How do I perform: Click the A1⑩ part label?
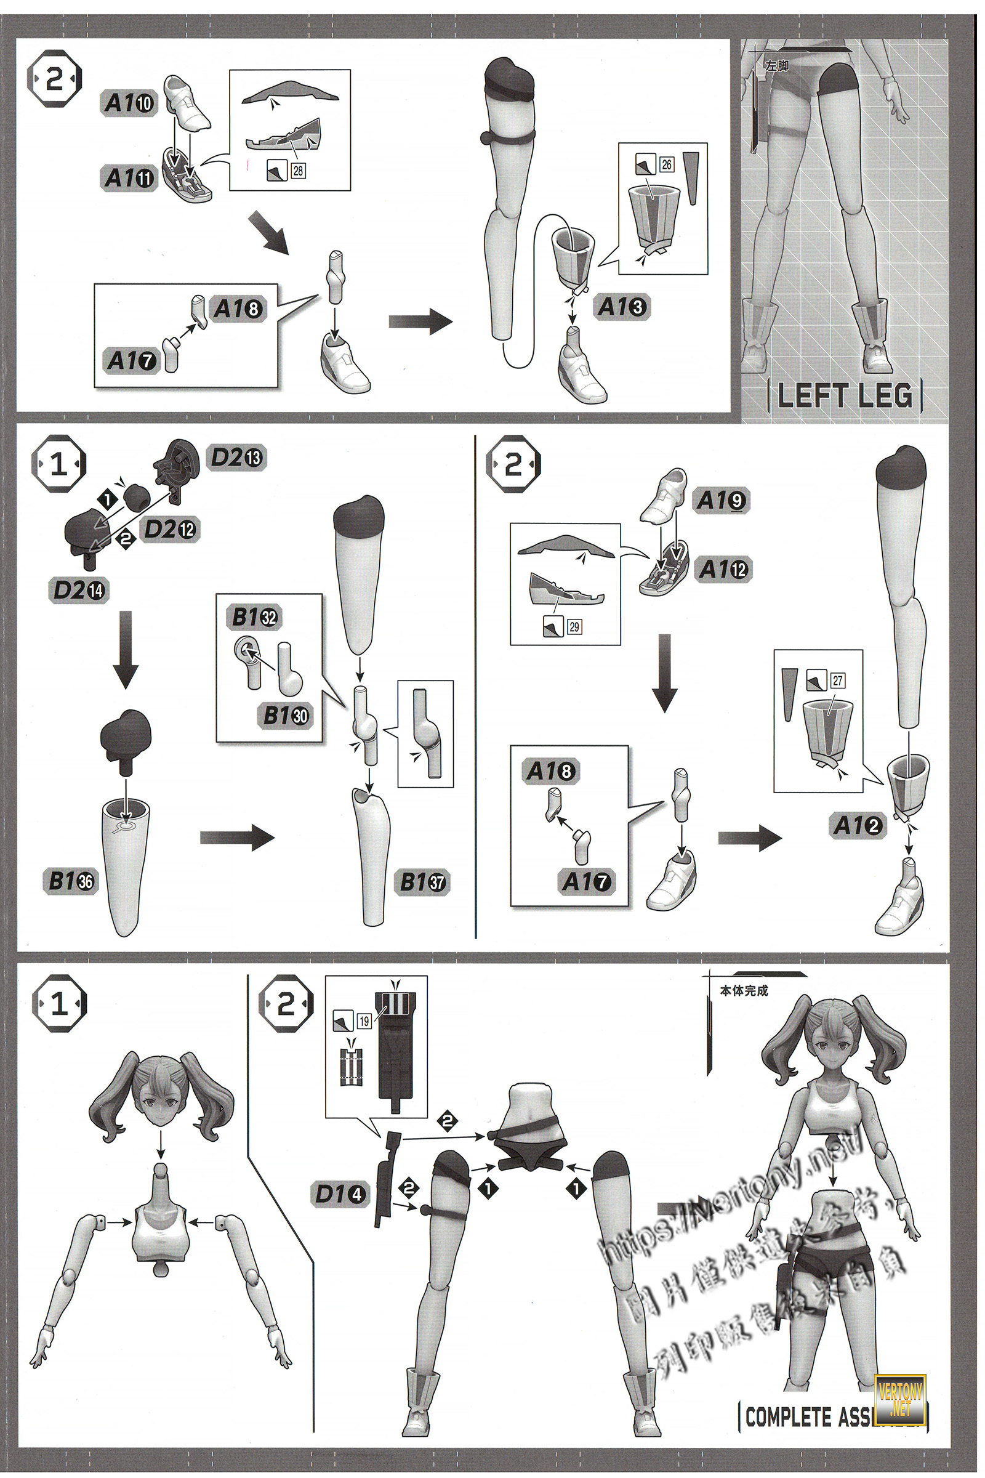[x=129, y=103]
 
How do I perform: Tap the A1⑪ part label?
[x=129, y=178]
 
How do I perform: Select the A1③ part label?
[x=621, y=307]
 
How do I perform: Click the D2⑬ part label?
[x=237, y=458]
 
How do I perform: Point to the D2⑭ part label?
[x=79, y=590]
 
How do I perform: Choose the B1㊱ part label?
[x=71, y=881]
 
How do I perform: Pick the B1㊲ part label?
[x=423, y=882]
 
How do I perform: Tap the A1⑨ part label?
[x=722, y=500]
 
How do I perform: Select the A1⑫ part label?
[x=724, y=569]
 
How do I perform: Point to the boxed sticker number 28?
[x=298, y=171]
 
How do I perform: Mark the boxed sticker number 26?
[x=667, y=164]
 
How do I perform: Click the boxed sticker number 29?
[x=574, y=626]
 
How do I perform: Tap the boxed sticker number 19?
[x=364, y=1021]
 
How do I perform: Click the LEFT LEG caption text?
[x=844, y=396]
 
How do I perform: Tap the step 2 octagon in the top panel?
[x=55, y=80]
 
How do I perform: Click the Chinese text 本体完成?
[x=744, y=991]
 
